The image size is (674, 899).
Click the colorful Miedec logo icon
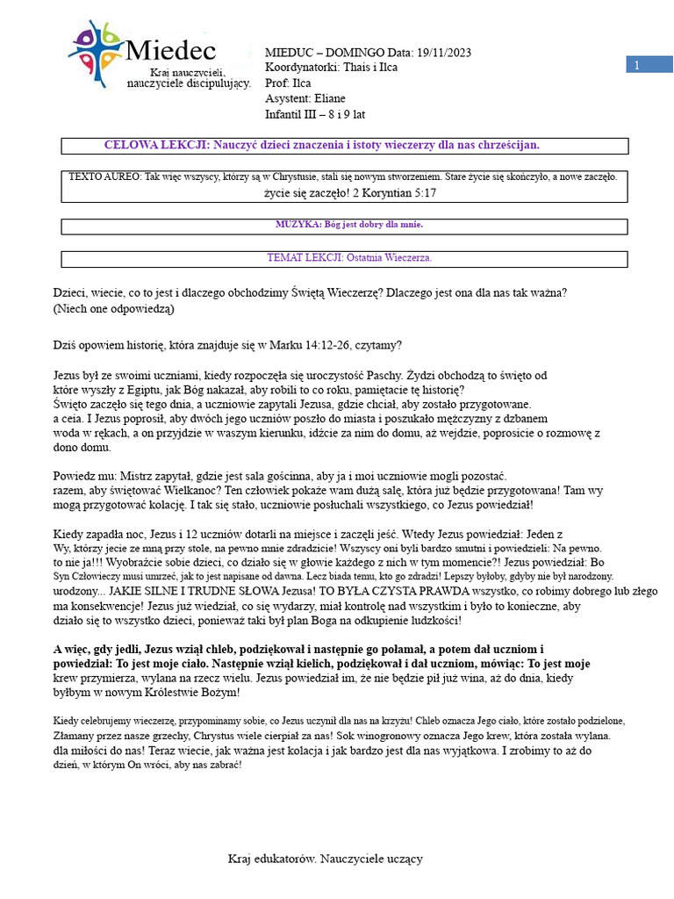[x=97, y=52]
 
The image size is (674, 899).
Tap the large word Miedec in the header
[x=171, y=51]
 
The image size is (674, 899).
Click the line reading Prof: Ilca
[x=288, y=83]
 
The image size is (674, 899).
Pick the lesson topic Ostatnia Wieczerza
[x=388, y=258]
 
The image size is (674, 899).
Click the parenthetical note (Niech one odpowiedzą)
[x=113, y=308]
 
